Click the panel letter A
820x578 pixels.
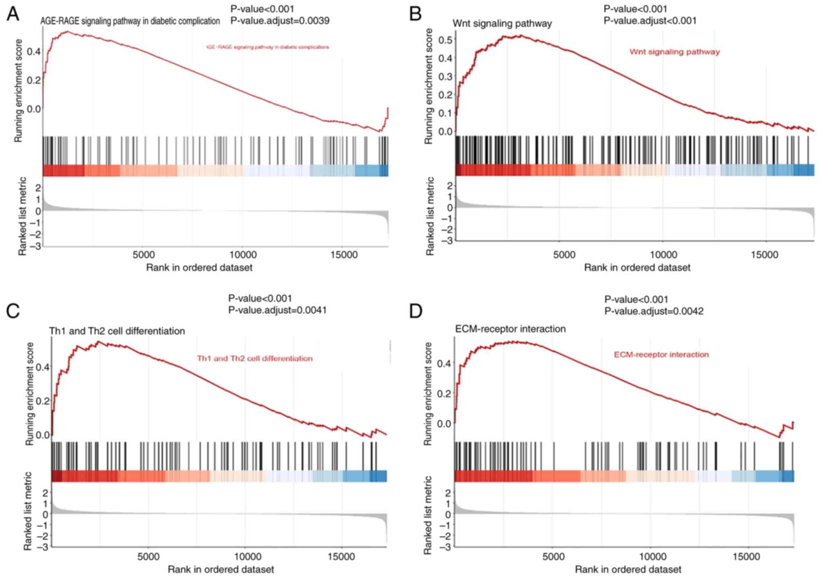tap(13, 14)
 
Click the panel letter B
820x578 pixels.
tap(415, 14)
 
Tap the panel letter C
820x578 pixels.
tap(13, 311)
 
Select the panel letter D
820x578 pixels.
tap(416, 311)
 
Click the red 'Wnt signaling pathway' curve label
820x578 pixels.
tap(674, 52)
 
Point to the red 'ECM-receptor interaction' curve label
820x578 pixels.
tap(661, 355)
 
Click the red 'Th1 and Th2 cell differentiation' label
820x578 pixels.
tap(255, 358)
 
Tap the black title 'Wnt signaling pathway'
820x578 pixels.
tap(502, 23)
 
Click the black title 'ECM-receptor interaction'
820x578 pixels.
tap(510, 329)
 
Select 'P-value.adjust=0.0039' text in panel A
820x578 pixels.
tap(280, 21)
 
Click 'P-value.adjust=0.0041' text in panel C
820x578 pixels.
tap(277, 310)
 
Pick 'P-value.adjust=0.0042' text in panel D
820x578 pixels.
tap(654, 311)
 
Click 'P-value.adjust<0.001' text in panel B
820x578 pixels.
tap(650, 21)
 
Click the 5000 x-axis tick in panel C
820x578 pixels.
tap(149, 557)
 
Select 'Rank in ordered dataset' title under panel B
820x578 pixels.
tap(637, 267)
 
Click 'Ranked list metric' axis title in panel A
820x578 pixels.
tap(23, 216)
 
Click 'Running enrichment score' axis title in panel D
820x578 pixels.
tap(428, 394)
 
